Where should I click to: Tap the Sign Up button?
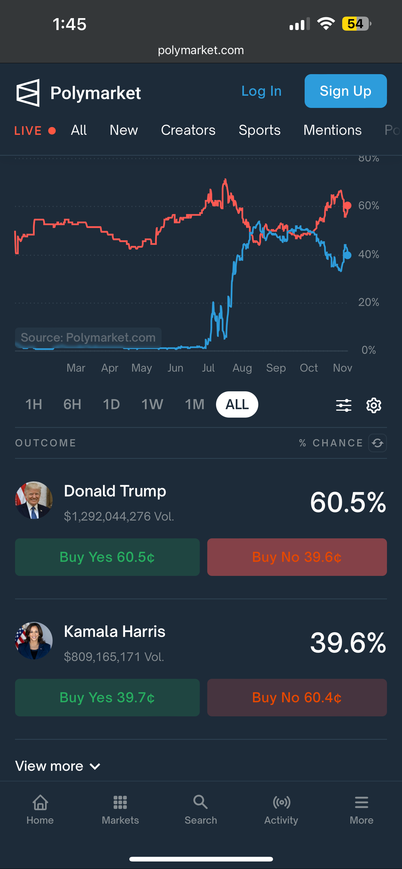coord(345,91)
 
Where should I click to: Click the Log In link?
coord(261,91)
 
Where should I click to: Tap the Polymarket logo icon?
coord(28,93)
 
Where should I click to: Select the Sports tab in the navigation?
coord(259,130)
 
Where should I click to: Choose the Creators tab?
coord(188,130)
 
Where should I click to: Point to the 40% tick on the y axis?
coord(368,254)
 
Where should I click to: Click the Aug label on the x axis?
coord(242,368)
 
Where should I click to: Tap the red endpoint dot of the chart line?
coord(347,206)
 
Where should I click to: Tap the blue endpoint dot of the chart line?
coord(347,255)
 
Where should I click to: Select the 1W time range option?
coord(152,404)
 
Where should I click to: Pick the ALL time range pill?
coord(237,404)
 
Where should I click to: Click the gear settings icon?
coord(374,405)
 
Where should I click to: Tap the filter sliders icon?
coord(343,405)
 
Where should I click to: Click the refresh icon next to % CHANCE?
coord(377,443)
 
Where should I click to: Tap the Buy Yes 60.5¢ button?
coord(107,557)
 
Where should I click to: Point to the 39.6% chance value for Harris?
coord(348,643)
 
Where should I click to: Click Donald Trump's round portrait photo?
coord(34,500)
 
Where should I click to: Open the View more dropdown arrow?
coord(95,766)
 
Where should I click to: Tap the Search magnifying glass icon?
coord(200,802)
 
